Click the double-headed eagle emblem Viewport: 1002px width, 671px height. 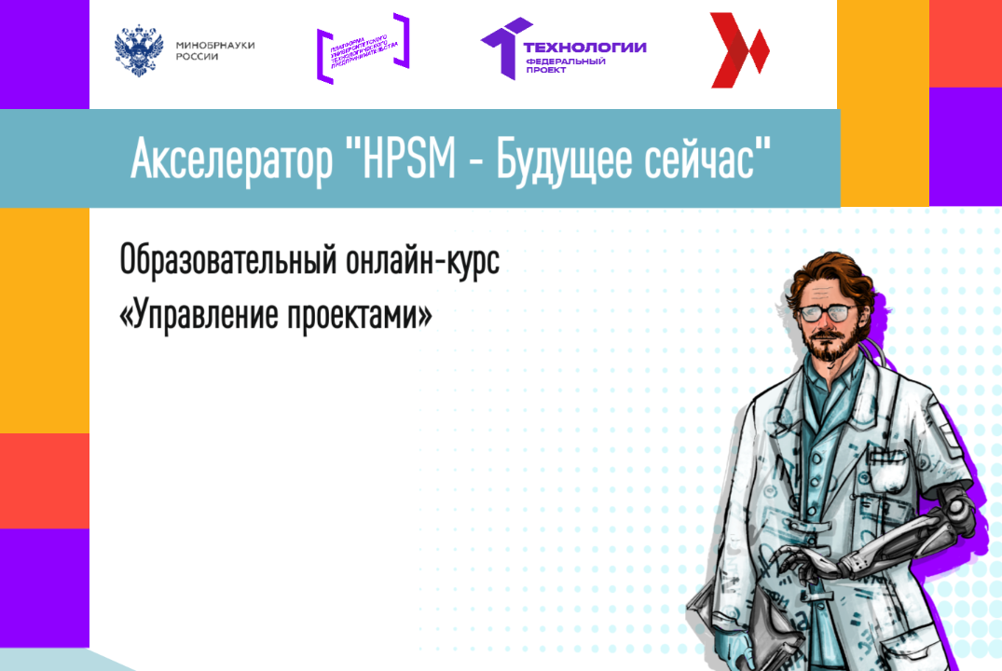coord(137,50)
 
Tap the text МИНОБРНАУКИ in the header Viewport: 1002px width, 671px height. coord(215,45)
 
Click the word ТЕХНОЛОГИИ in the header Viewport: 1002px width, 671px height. coord(584,48)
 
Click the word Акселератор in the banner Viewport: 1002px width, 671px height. coord(231,160)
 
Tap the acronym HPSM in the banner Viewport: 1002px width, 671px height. coord(405,160)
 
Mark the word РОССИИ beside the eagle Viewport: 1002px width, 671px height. coord(197,57)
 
